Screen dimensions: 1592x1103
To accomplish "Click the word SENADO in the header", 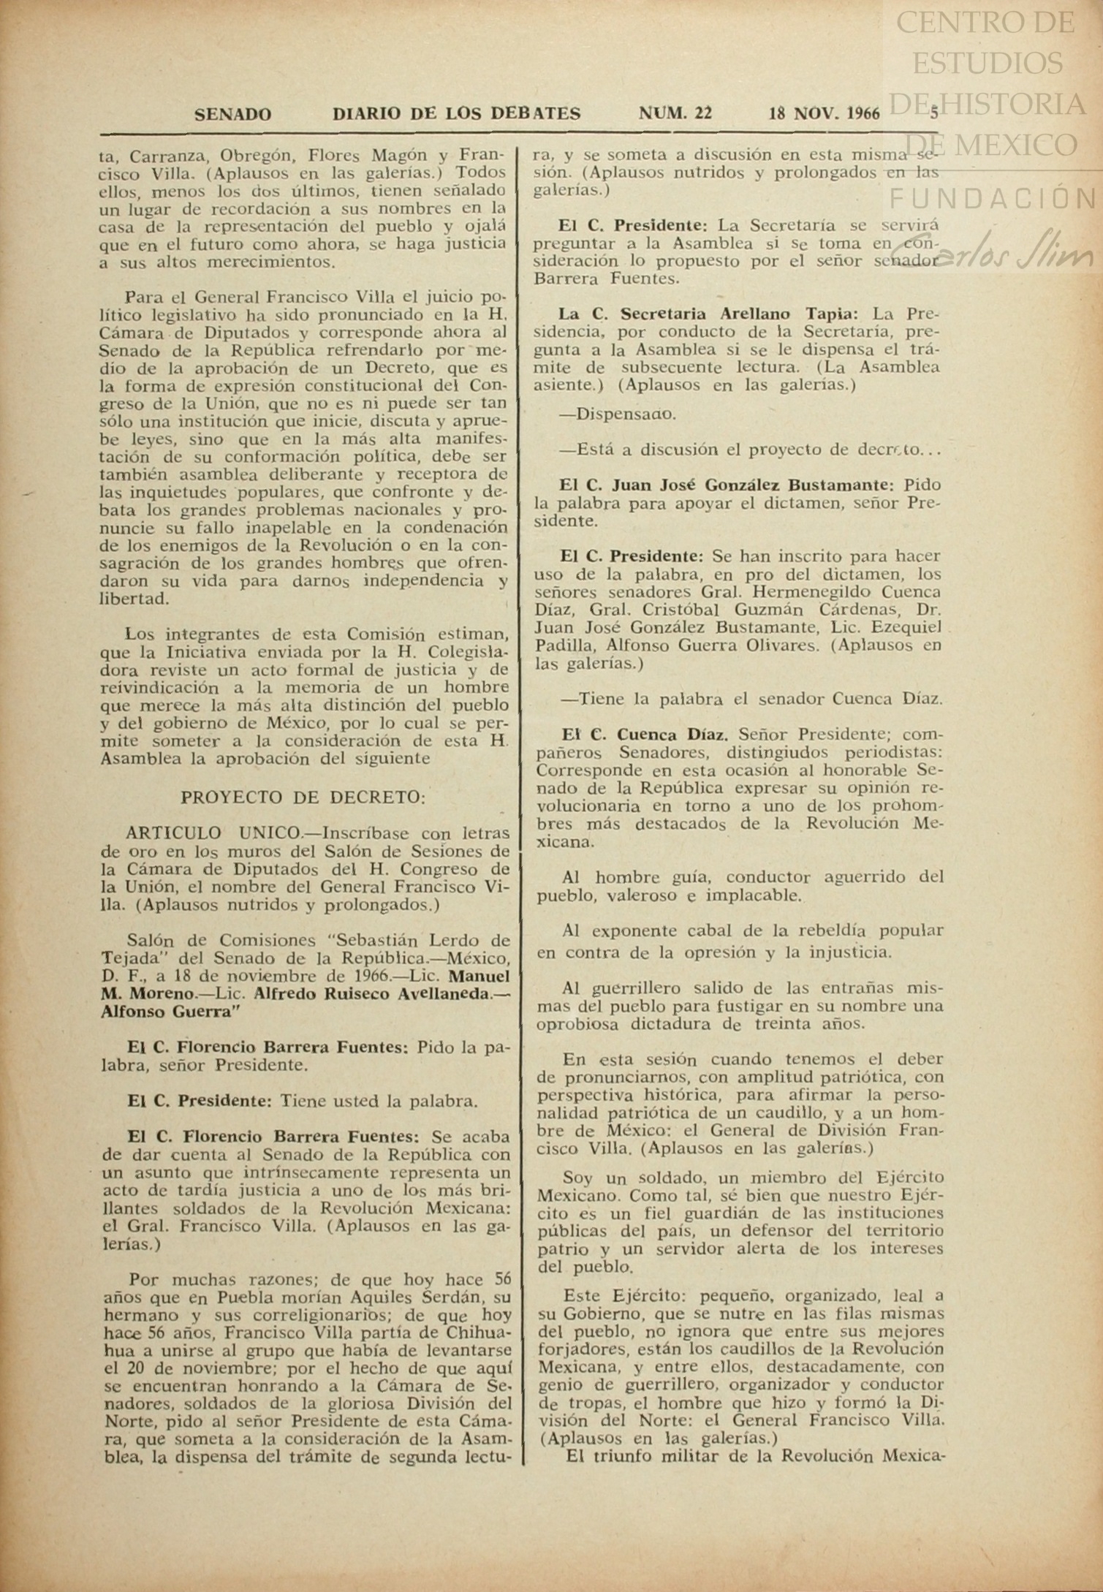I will [x=232, y=114].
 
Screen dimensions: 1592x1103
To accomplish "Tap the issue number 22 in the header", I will [x=703, y=113].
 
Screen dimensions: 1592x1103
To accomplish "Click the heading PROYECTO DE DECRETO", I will [x=303, y=797].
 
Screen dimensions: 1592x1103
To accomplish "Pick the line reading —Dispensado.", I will [x=618, y=414].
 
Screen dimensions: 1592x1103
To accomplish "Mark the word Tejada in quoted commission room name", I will [x=125, y=958].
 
